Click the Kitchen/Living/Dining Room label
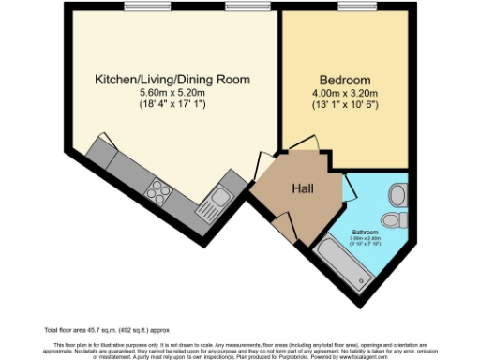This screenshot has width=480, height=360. (163, 80)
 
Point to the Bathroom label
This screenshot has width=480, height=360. (365, 231)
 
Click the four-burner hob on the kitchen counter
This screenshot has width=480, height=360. (157, 189)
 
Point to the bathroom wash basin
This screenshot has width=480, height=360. (397, 194)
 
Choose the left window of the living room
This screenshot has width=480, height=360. (141, 8)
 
